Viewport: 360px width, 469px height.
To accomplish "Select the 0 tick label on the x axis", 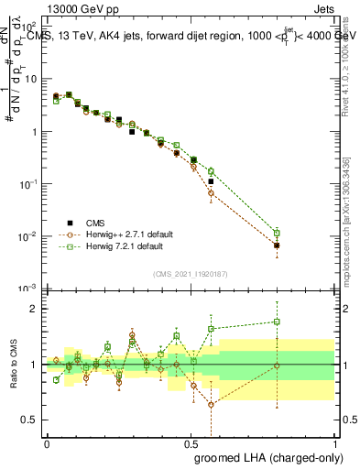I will point(47,442).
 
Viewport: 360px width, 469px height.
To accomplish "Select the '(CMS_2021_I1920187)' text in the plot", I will point(190,273).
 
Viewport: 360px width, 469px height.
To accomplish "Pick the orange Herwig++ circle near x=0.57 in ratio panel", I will point(211,404).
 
